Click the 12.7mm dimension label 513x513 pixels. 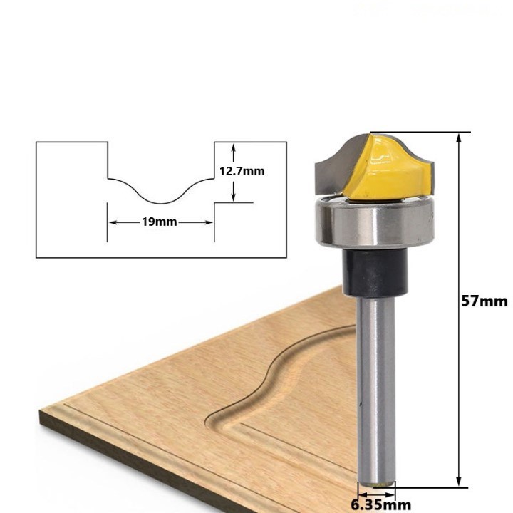[242, 171]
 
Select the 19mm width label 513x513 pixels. [160, 222]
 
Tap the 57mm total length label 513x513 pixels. [484, 301]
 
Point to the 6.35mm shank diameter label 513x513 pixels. [380, 505]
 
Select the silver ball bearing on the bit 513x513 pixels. [375, 222]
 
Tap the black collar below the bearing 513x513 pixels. [375, 272]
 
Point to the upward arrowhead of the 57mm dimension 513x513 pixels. [459, 138]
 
